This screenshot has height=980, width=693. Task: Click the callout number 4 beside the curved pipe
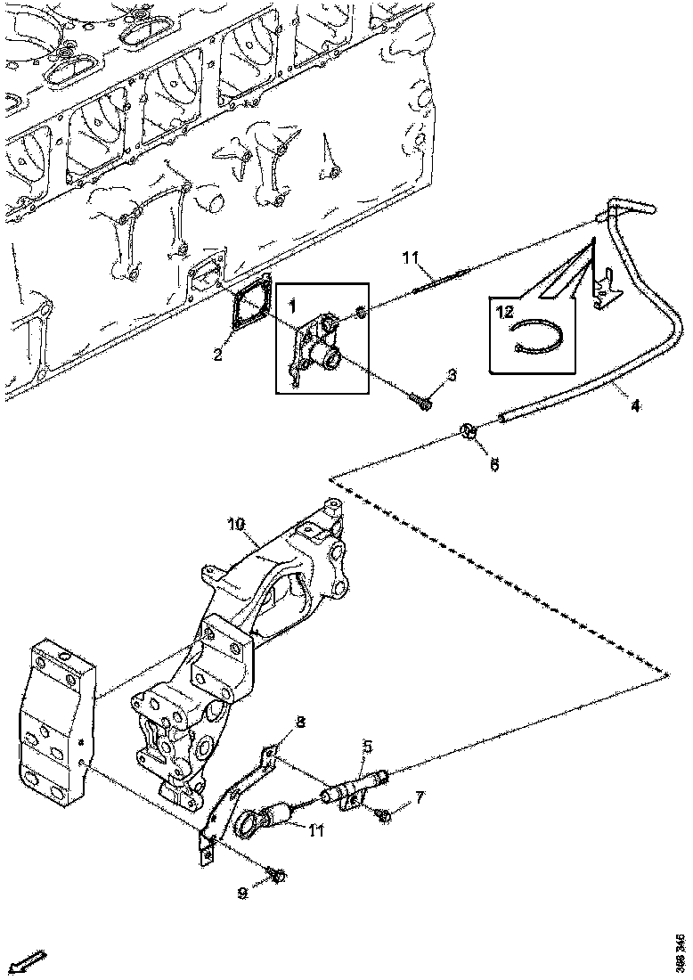coord(634,407)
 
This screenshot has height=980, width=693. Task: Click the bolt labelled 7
coord(384,814)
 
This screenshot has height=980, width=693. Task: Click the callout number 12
coord(506,312)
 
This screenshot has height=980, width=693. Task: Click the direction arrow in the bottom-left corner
coord(30,960)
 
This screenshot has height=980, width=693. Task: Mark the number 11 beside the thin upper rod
coord(409,259)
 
